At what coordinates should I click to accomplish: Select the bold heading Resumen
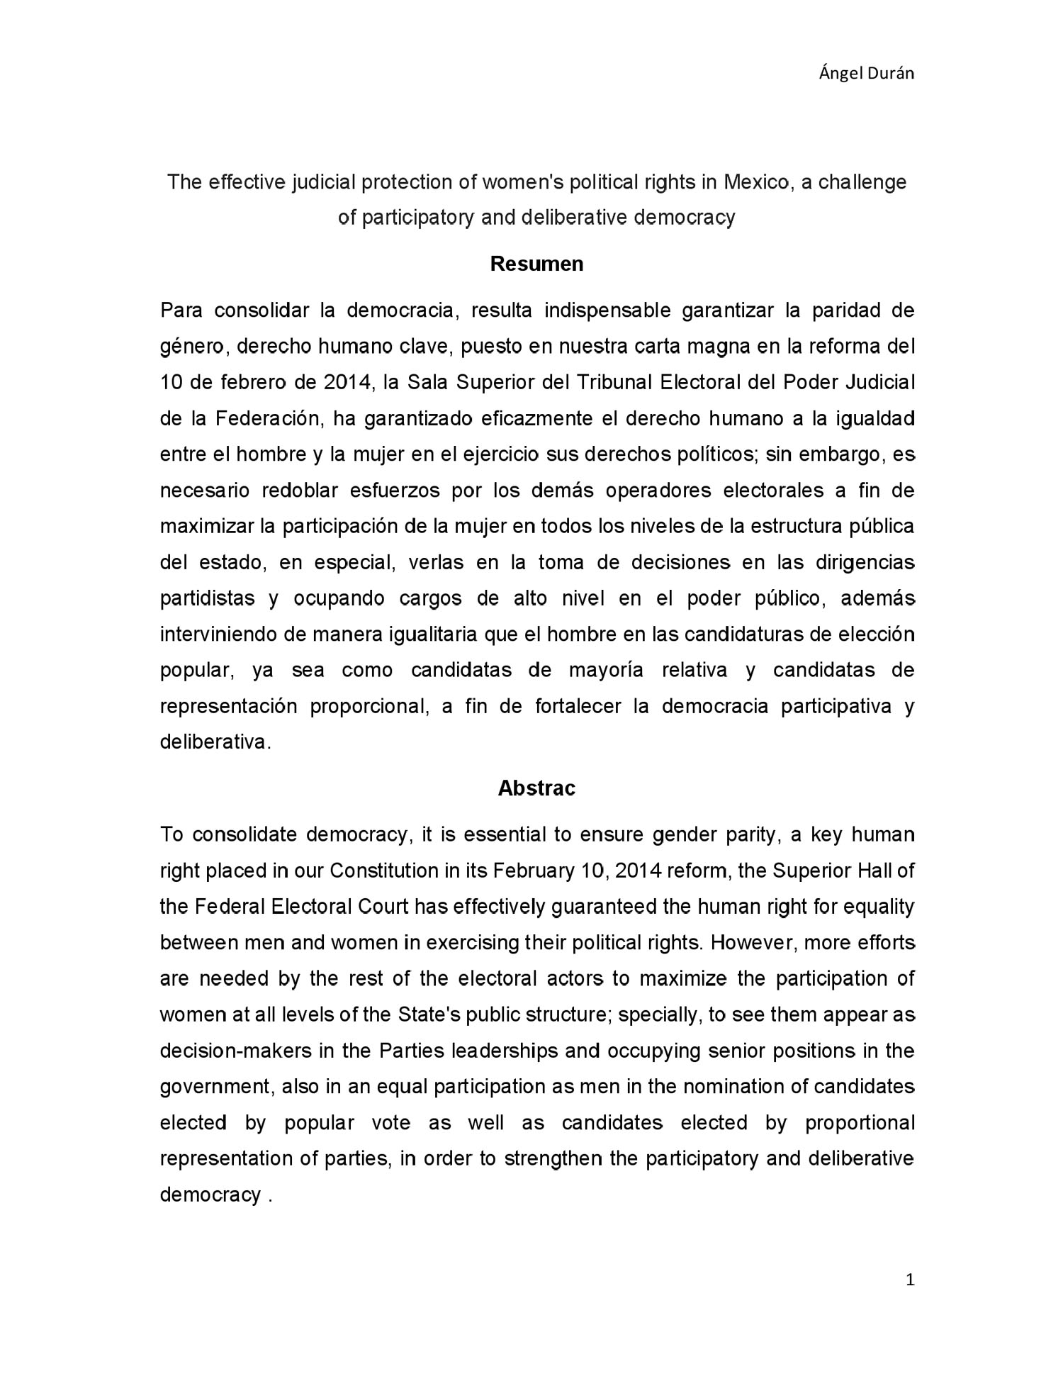[x=536, y=264]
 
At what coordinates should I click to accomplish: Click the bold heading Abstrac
[x=536, y=788]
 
